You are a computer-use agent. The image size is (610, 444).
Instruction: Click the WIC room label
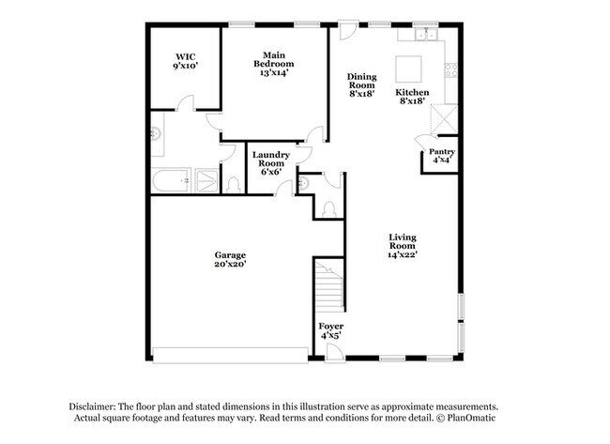[x=185, y=61]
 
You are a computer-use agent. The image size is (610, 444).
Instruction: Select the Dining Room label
[x=361, y=85]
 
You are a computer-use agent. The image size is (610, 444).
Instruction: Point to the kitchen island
[x=409, y=69]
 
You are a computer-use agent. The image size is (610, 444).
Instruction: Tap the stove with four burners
[x=451, y=69]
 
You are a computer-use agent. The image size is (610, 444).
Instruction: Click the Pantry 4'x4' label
[x=442, y=156]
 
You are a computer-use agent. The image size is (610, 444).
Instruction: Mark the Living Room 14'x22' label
[x=403, y=246]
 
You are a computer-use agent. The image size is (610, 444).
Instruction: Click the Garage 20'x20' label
[x=230, y=260]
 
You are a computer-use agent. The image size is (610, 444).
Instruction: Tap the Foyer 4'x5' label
[x=331, y=330]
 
